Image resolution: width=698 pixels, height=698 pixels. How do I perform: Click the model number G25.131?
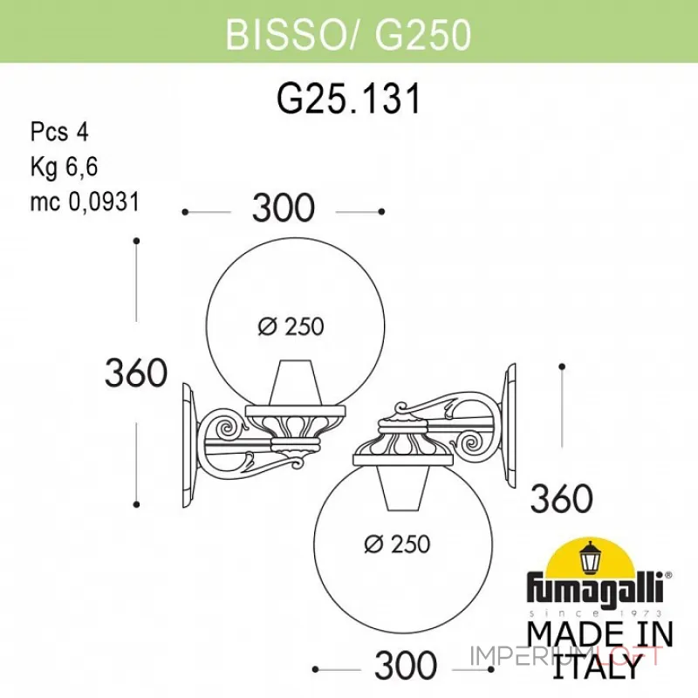[x=348, y=99]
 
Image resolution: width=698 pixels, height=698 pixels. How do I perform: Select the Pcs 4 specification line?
[x=59, y=132]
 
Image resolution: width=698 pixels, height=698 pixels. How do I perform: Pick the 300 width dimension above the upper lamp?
[x=283, y=209]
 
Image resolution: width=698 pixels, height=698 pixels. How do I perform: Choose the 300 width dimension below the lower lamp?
[x=405, y=665]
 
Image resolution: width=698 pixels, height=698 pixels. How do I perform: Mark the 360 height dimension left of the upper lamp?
[x=136, y=373]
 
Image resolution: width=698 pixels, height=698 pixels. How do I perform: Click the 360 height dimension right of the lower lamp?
[x=562, y=499]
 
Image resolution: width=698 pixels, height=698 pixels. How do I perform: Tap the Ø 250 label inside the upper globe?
[x=291, y=326]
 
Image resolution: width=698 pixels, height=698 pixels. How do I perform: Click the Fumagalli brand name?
[x=598, y=585]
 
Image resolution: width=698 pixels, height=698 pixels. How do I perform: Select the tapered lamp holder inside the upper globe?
[x=291, y=384]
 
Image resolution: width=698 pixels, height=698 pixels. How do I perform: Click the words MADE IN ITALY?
[x=600, y=647]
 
